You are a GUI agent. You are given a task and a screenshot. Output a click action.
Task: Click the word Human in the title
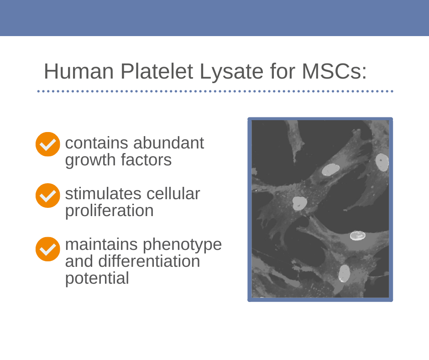tap(79, 71)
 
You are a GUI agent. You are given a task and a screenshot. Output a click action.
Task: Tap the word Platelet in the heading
tap(157, 71)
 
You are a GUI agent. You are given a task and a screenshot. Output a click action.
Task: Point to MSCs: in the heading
tap(334, 71)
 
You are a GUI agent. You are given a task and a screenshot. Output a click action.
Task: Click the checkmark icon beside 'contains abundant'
tap(47, 144)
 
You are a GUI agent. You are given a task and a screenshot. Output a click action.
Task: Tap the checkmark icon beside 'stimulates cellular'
tap(47, 196)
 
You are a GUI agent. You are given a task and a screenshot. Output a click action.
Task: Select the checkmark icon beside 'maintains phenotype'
tap(47, 249)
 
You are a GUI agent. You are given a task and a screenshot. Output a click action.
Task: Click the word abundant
tap(168, 143)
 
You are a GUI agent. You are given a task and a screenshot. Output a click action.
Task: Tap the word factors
tap(146, 159)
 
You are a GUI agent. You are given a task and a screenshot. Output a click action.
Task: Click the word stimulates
tap(104, 194)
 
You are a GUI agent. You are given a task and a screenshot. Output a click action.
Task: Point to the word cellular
tap(173, 194)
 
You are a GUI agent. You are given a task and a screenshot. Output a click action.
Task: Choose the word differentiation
tap(149, 261)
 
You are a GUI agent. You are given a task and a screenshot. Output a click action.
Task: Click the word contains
tap(97, 143)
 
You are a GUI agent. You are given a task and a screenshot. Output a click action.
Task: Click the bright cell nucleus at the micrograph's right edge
tap(382, 163)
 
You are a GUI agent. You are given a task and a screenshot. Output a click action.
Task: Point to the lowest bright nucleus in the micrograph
tap(345, 273)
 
